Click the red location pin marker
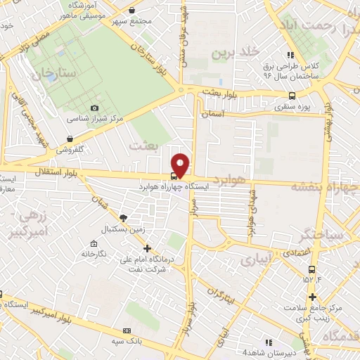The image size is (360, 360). pyautogui.click(x=181, y=165)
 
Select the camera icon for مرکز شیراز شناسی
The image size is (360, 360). pyautogui.click(x=95, y=108)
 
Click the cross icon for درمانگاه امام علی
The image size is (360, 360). pyautogui.click(x=147, y=248)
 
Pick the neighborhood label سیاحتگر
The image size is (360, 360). pyautogui.click(x=321, y=233)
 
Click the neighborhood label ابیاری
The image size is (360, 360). pyautogui.click(x=255, y=261)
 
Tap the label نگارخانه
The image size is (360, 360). pyautogui.click(x=98, y=253)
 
